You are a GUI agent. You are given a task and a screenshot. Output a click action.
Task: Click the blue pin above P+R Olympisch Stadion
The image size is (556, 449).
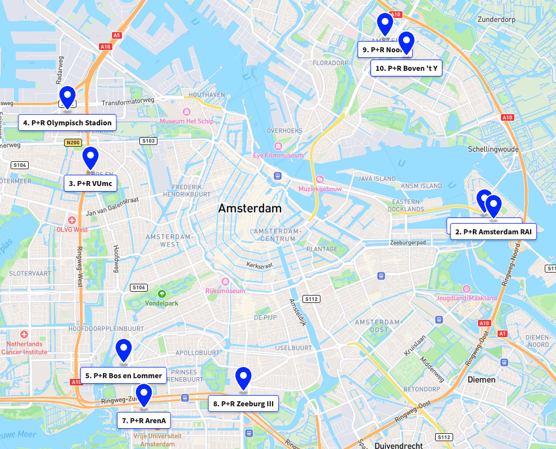[x=67, y=97]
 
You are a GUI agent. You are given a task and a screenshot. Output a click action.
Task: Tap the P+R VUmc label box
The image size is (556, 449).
[x=90, y=183]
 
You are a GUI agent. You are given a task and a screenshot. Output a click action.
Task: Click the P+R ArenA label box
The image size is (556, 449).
[x=144, y=420]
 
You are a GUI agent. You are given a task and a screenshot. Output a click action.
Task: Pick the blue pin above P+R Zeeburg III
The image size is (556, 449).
[x=243, y=378]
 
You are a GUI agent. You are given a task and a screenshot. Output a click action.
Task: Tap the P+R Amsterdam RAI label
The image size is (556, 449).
[x=493, y=231]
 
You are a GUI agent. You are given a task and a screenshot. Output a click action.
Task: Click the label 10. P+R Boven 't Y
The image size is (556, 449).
[x=406, y=69]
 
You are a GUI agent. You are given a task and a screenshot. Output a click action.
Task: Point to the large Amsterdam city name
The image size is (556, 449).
[x=250, y=208]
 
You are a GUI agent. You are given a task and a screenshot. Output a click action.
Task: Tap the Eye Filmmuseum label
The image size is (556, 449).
[x=278, y=155]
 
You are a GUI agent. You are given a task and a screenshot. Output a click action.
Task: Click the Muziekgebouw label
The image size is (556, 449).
[x=320, y=189]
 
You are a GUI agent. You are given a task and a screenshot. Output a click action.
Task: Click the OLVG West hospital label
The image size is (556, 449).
[x=72, y=229]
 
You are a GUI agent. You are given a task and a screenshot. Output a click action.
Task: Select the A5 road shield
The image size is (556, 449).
[x=116, y=35]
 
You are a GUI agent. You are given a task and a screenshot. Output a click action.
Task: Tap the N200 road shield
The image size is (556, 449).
[x=73, y=143]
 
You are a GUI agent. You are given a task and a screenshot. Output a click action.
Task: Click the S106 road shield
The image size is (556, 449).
[x=139, y=288]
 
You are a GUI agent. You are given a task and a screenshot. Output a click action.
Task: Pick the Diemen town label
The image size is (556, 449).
[x=481, y=379]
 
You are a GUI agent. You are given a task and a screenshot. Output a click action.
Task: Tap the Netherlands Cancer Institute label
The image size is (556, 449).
[x=24, y=348]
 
